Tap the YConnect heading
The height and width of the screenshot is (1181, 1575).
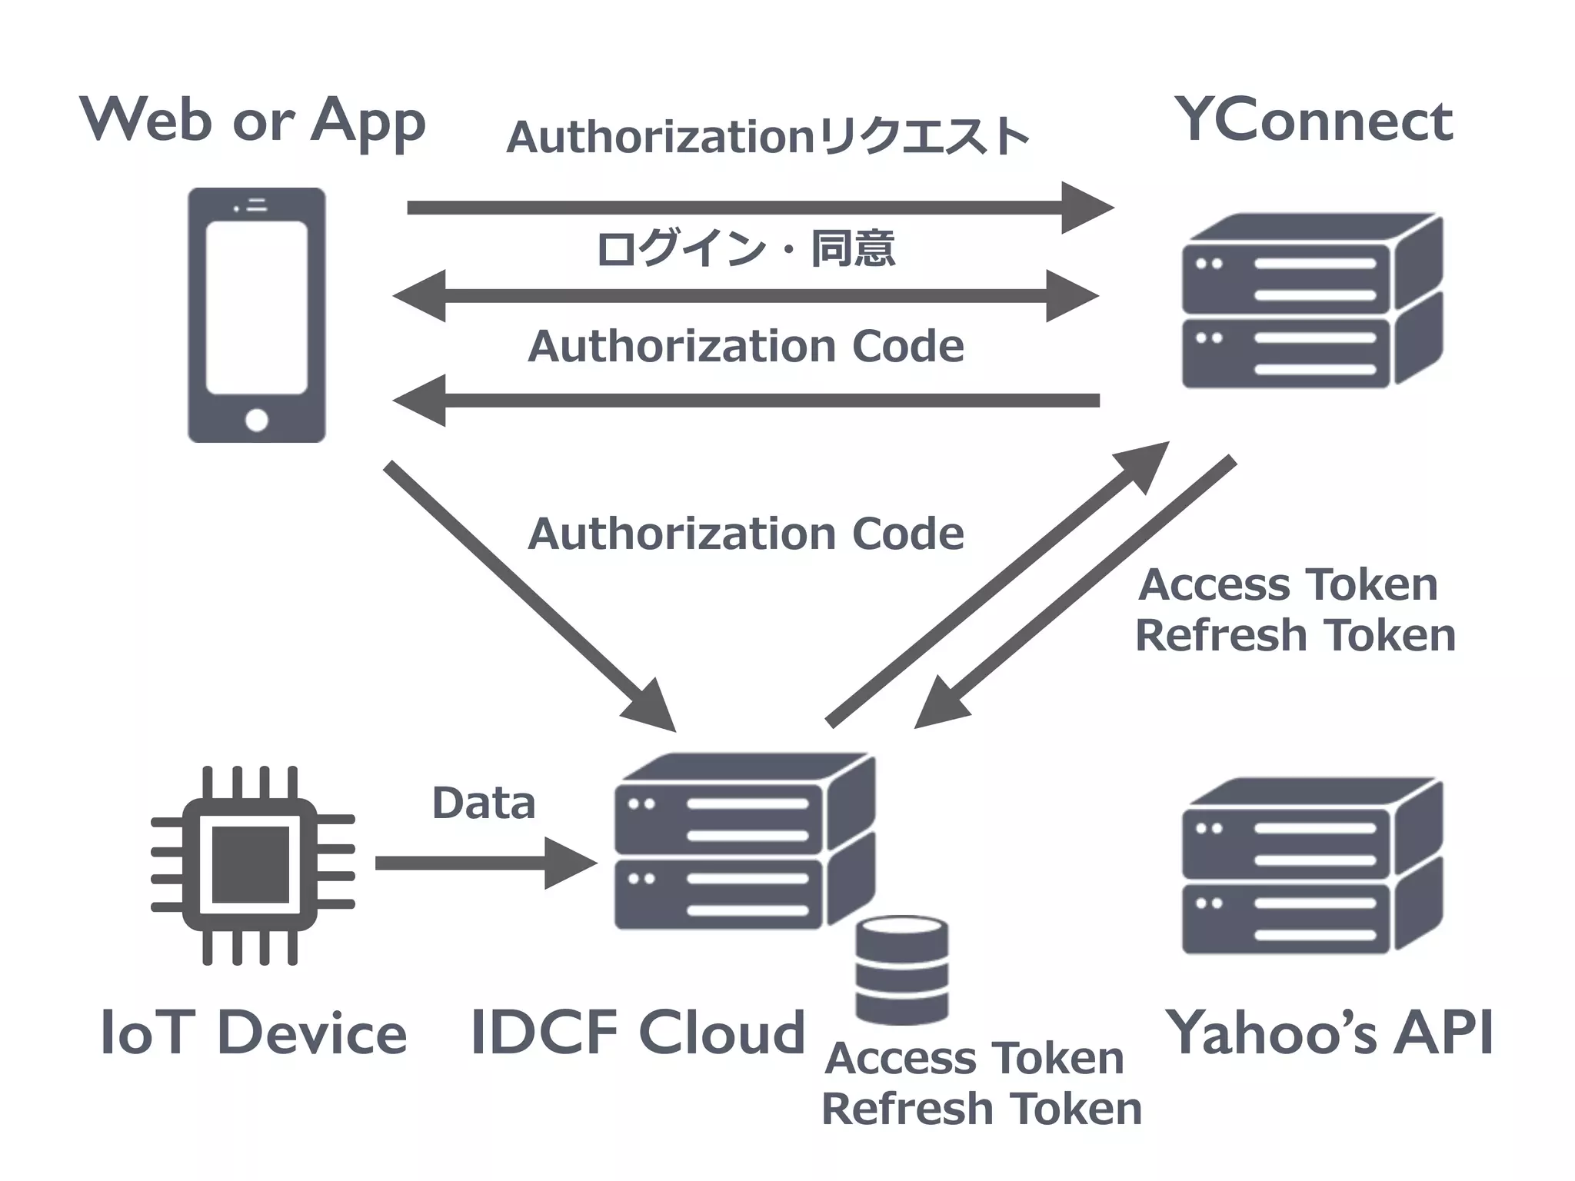(1314, 121)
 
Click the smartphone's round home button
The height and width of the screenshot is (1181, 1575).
(256, 420)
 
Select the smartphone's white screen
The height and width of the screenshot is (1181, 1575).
(256, 308)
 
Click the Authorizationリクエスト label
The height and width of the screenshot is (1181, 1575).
(768, 138)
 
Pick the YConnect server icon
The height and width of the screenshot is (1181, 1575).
(1310, 301)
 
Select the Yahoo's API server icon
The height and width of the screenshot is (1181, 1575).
(1310, 866)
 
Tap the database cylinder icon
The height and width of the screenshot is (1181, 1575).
(901, 970)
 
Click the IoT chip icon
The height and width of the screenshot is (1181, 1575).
(251, 865)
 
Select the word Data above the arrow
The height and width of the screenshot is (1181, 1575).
(483, 803)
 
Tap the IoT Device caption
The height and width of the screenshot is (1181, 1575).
(253, 1033)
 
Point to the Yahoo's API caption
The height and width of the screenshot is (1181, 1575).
(1329, 1033)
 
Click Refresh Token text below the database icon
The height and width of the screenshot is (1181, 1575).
(981, 1109)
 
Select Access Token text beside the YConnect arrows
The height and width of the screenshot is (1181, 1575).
(1287, 584)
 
